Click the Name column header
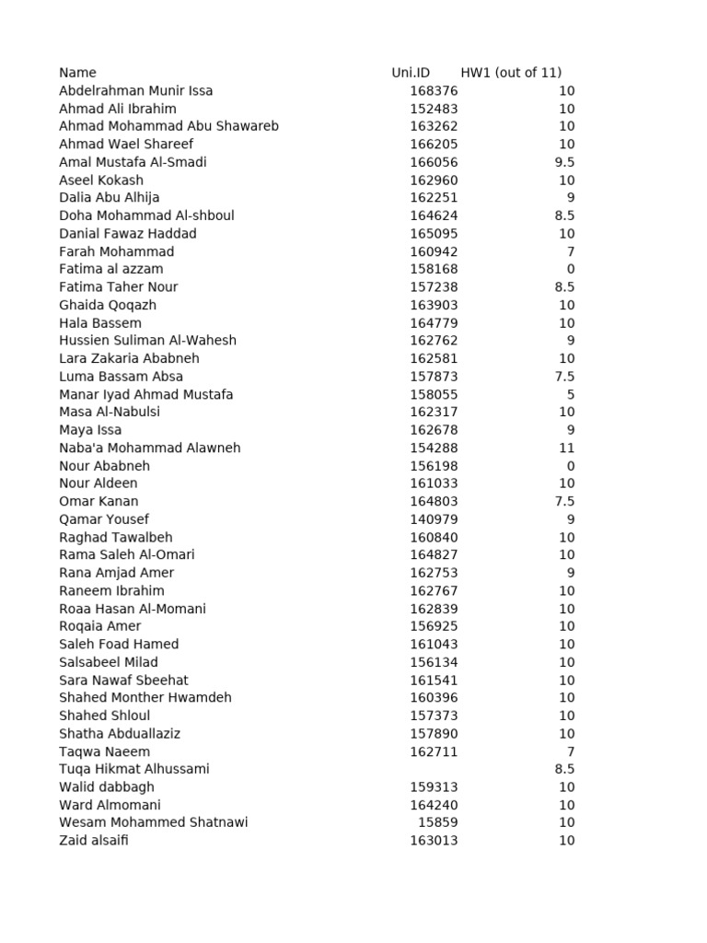77,73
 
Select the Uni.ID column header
411,73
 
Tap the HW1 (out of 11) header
511,73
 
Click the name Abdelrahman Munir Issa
135,90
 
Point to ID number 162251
434,198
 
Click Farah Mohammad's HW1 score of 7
571,251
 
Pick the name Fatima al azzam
110,269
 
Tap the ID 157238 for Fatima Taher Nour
434,287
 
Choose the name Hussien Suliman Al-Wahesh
147,341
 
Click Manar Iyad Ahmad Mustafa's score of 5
571,394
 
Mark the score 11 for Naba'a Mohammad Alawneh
566,448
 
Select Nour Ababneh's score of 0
571,466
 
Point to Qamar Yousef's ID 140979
434,519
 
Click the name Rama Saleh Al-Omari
126,554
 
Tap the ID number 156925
434,626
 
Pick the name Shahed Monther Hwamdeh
145,698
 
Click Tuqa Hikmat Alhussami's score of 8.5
565,769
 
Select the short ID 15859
437,822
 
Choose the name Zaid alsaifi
94,840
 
